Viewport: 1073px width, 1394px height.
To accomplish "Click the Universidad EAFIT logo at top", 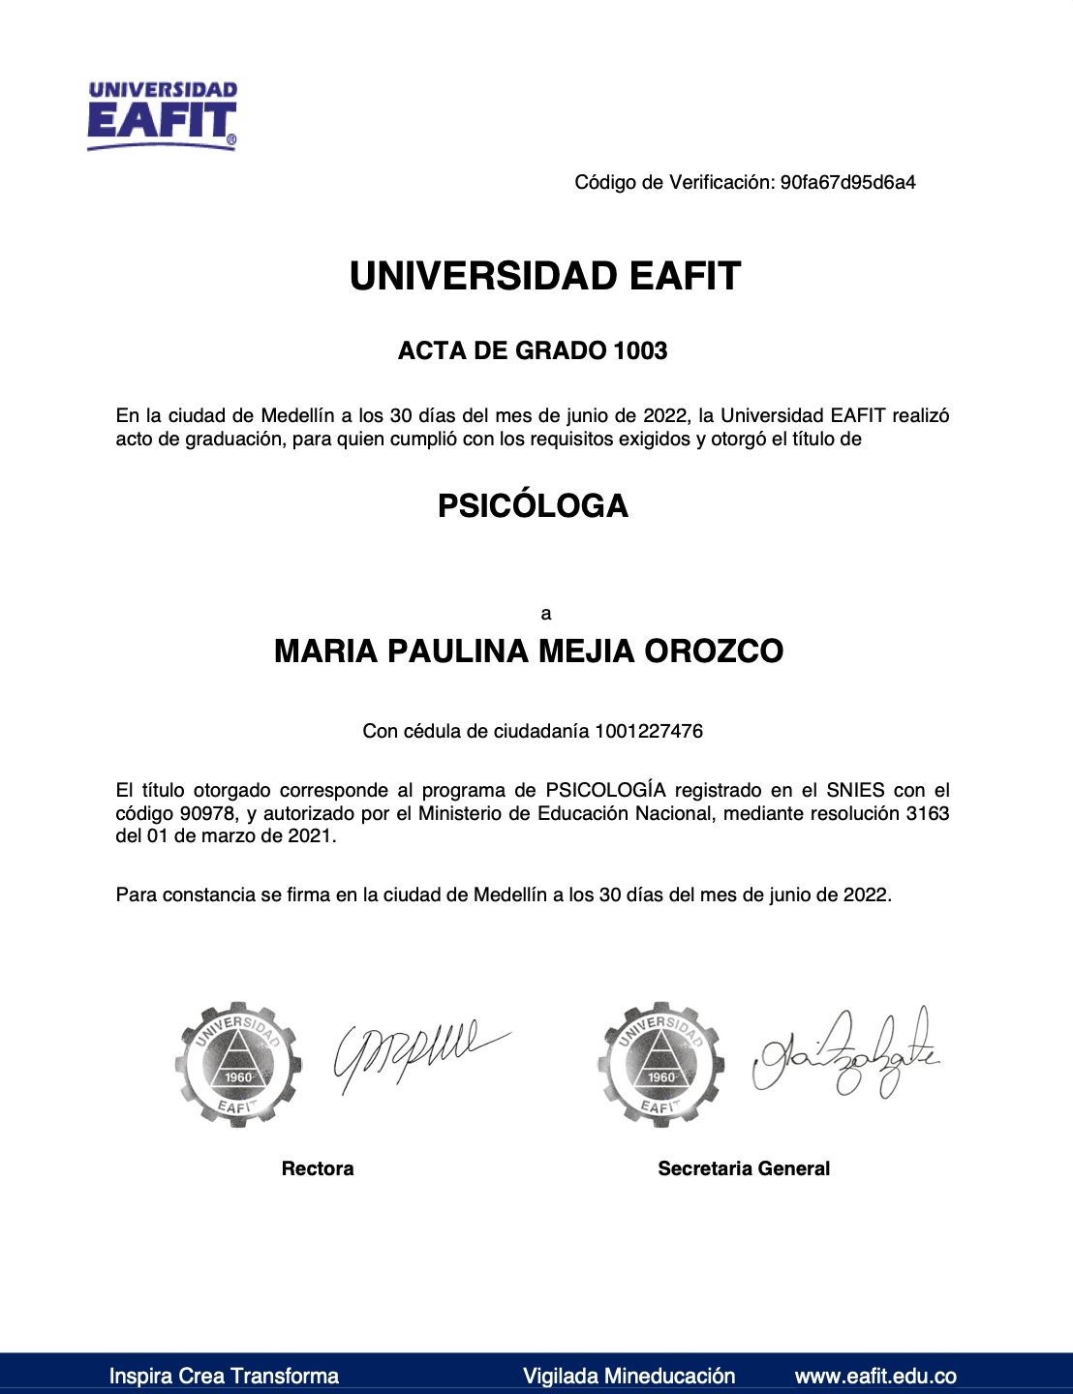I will (x=162, y=115).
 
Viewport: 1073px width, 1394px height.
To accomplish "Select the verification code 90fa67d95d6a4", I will (x=847, y=182).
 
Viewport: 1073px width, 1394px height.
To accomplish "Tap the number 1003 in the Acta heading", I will (x=640, y=350).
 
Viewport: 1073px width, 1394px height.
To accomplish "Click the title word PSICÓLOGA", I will (x=533, y=505).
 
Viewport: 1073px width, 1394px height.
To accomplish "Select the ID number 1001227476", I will (x=649, y=731).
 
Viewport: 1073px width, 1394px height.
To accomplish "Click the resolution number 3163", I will (x=928, y=813).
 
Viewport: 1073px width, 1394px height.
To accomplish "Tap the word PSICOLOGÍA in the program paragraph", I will (x=605, y=790).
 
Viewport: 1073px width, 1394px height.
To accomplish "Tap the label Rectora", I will (x=318, y=1168).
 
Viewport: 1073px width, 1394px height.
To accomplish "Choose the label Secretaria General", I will (x=744, y=1168).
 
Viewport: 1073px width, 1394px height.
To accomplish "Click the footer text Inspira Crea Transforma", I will (x=224, y=1376).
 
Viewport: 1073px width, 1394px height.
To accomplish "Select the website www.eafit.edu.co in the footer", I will (x=875, y=1376).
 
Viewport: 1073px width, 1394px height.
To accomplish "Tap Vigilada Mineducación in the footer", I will (x=628, y=1376).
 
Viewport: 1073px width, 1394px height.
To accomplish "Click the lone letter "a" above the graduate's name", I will (x=546, y=614).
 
